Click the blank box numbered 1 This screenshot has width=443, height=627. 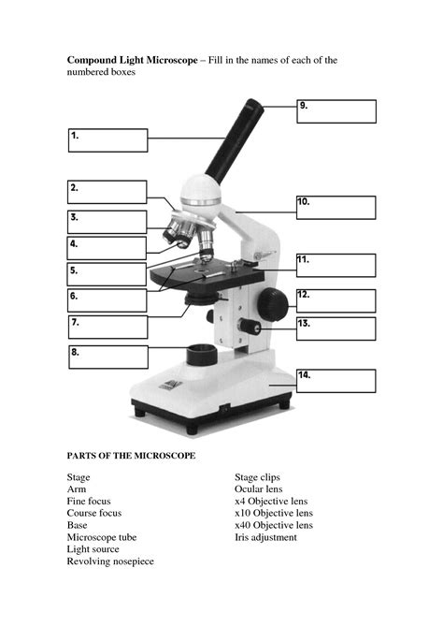point(107,140)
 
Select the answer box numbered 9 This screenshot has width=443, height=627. point(336,111)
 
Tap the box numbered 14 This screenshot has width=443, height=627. point(336,380)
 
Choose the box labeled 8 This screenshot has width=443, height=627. point(107,357)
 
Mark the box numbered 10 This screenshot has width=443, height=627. point(336,207)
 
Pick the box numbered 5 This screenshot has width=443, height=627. point(107,274)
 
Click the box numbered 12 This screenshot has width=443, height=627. point(336,300)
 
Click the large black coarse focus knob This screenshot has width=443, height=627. point(273,303)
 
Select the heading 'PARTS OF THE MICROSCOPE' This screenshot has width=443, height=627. point(131,456)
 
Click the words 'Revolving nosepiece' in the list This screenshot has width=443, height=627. point(109,561)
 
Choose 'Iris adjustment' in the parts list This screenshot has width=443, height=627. point(265,537)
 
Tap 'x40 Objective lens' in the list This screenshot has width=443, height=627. point(273,525)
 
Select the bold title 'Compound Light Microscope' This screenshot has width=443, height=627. point(131,60)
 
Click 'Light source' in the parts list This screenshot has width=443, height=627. point(93,549)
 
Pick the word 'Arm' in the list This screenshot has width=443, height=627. point(76,489)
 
